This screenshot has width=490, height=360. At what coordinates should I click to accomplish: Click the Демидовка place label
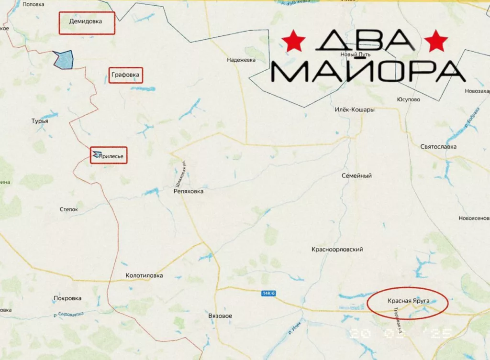click(86, 22)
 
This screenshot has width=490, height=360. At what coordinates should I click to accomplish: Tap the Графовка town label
click(125, 75)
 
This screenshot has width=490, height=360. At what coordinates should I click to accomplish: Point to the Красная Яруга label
click(408, 301)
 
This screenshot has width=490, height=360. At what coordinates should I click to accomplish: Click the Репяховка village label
click(188, 191)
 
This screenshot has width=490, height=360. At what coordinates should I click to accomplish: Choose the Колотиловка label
click(144, 275)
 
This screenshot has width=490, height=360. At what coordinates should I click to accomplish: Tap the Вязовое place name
click(221, 316)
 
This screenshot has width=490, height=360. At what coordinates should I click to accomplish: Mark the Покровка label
click(67, 298)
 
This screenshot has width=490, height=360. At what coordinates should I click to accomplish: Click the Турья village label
click(40, 121)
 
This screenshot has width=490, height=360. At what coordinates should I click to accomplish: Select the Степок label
click(72, 209)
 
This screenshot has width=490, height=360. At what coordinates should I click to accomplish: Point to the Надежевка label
click(241, 60)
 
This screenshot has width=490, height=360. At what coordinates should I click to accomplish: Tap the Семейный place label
click(356, 176)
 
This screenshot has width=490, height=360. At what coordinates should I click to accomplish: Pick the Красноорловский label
click(337, 250)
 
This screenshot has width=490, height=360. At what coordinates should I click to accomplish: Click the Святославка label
click(438, 147)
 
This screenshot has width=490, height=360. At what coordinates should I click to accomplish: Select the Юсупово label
click(409, 100)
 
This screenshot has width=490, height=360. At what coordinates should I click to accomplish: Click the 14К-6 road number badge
click(269, 293)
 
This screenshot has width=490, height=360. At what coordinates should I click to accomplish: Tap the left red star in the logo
click(293, 42)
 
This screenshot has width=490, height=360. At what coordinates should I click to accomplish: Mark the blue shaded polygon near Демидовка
click(64, 59)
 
